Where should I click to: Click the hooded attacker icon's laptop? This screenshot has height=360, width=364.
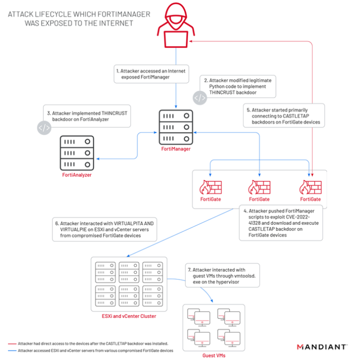tap(176, 39)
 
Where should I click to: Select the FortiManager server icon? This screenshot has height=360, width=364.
tap(176, 127)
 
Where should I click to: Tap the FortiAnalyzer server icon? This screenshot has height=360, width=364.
tap(77, 153)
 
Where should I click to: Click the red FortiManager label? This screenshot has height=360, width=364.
tap(176, 149)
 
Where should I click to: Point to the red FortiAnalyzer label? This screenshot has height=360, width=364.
tap(77, 175)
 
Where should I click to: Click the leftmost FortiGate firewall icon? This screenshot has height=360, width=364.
tap(210, 187)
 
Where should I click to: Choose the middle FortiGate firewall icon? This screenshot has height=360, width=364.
tap(259, 187)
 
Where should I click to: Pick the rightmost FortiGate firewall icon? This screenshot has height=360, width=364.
tap(310, 187)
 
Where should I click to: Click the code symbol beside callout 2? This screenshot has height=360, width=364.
tap(200, 98)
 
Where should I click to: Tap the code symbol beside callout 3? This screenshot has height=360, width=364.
tap(44, 127)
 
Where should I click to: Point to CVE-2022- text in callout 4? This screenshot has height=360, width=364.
tap(298, 217)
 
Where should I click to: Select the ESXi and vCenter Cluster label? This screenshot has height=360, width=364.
tap(129, 316)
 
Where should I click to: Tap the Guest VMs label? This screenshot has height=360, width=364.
tap(214, 355)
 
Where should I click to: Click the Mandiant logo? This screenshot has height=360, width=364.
tap(322, 347)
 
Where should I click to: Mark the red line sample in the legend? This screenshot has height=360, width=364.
tap(12, 344)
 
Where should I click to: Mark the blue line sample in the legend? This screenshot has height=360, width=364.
tap(12, 351)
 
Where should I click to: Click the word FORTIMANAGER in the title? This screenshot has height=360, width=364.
tap(124, 14)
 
